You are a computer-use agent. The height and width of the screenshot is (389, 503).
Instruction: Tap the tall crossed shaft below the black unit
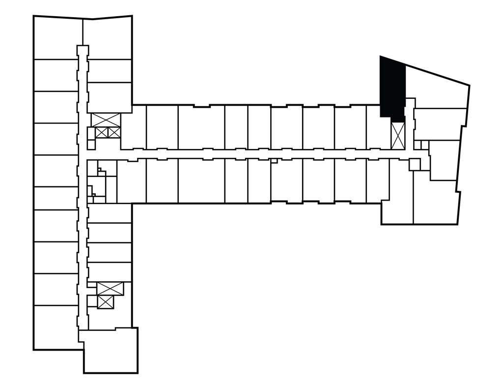coord(398,135)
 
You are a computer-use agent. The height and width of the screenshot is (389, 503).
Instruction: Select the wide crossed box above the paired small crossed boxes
coord(106,120)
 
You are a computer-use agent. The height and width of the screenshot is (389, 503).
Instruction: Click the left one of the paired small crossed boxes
coord(102,132)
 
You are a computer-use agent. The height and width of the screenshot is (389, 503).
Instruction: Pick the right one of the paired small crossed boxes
coord(113,132)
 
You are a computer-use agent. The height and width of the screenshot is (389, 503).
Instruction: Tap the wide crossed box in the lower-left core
coord(110,289)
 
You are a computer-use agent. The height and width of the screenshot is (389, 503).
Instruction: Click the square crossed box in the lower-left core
coord(106,302)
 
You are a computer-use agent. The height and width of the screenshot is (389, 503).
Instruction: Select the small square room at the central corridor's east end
coord(415,164)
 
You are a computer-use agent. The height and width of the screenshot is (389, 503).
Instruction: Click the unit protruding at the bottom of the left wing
coord(110,350)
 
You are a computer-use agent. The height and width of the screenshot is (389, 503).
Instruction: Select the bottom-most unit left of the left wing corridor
coord(56,327)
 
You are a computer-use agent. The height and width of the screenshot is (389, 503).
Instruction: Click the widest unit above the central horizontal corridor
coord(201,127)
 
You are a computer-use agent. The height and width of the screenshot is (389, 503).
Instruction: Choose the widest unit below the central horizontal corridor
coord(201,180)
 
